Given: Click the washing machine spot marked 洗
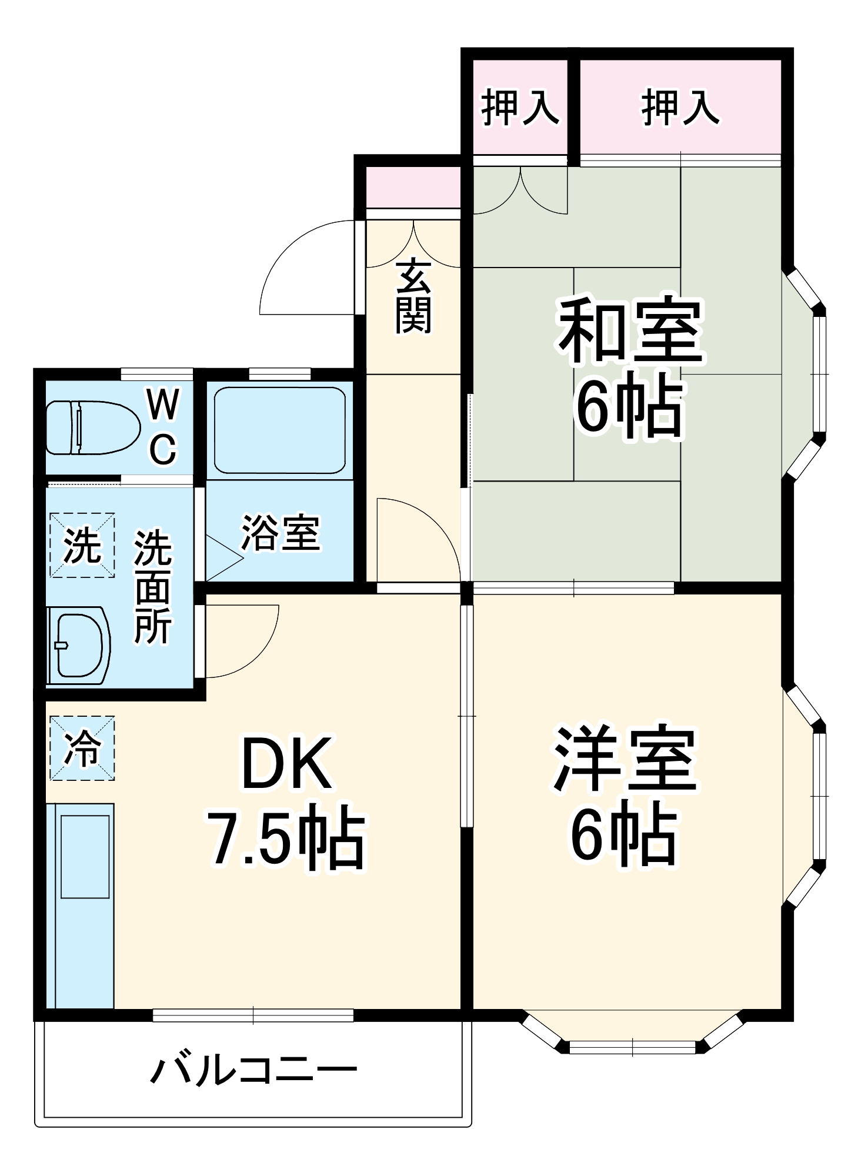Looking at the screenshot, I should coord(82,545).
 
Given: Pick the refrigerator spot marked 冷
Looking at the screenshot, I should coord(82,748).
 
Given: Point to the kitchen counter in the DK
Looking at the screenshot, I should coord(81,906).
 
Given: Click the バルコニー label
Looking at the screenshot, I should coord(254,1071).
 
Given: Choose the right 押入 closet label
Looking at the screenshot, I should coord(680,108).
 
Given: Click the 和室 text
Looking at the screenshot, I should coord(630,330).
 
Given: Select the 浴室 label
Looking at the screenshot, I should coord(281,533).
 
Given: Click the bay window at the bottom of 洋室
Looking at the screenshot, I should coord(632,1045).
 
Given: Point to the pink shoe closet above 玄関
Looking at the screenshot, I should coord(413,187).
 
